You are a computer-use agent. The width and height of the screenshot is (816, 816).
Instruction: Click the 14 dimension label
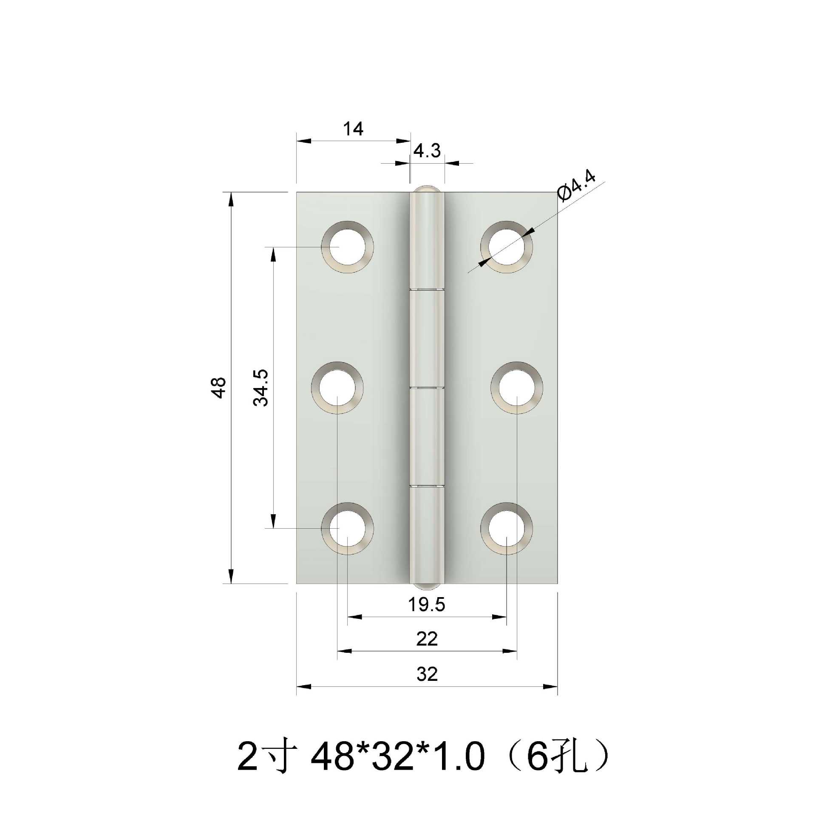353,129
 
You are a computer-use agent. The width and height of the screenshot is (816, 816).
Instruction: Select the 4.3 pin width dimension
427,151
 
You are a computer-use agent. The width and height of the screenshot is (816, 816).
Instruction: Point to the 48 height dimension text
219,387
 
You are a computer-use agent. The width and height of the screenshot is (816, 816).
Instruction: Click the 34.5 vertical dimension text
261,387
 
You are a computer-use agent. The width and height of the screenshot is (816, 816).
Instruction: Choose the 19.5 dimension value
426,604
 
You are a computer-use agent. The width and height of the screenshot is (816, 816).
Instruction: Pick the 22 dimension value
427,639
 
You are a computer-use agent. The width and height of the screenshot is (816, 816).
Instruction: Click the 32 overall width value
427,674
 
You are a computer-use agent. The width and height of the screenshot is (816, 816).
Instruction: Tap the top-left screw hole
347,246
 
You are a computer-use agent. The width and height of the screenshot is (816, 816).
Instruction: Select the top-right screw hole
506,246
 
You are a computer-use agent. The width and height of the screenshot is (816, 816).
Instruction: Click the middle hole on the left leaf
337,387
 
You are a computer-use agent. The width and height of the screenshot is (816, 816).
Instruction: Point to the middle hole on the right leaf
517,387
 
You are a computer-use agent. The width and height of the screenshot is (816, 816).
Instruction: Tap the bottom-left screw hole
347,528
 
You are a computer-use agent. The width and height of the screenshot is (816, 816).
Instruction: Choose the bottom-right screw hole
506,528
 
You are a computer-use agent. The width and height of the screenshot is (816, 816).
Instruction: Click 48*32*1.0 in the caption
397,757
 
